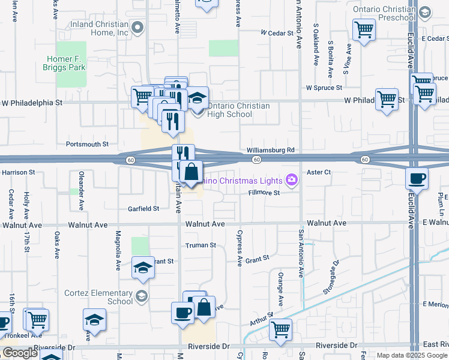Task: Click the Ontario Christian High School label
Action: [x=237, y=110]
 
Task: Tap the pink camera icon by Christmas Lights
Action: [x=292, y=180]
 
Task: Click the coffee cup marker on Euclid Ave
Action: [x=417, y=178]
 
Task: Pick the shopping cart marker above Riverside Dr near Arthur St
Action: [x=280, y=329]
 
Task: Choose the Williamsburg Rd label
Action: [x=270, y=150]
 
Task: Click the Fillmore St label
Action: [x=265, y=193]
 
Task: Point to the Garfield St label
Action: [x=143, y=209]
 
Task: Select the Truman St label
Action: [x=200, y=245]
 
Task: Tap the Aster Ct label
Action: [x=319, y=172]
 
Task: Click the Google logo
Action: [x=20, y=353]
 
